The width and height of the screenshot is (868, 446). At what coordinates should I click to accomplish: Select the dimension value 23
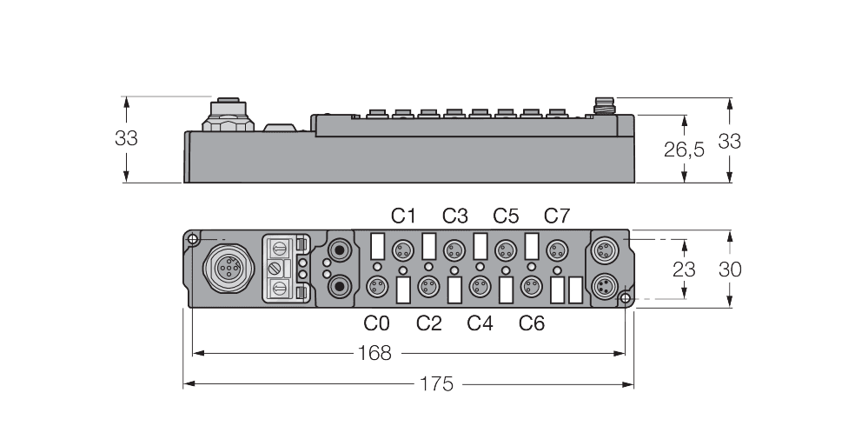[684, 270]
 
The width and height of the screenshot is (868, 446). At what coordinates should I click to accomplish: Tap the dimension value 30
[729, 270]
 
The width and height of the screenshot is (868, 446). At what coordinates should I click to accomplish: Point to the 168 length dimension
[374, 353]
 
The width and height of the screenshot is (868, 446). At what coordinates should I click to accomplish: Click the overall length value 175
[436, 383]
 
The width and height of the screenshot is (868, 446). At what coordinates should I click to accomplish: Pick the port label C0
[376, 323]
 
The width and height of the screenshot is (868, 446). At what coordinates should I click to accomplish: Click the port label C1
[403, 216]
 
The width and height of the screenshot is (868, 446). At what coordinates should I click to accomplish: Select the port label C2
[428, 323]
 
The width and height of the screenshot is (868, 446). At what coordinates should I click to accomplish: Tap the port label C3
[454, 216]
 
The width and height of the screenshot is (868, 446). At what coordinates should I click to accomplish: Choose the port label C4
[480, 323]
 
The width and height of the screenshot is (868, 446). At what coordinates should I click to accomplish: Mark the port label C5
[506, 216]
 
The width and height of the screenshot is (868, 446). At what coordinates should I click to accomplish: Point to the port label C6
[532, 323]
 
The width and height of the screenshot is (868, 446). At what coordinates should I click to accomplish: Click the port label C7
[557, 216]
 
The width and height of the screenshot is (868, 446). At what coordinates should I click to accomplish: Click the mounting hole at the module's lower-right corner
[625, 299]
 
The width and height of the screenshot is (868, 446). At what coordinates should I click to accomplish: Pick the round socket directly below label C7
[555, 251]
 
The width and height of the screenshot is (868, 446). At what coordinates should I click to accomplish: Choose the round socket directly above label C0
[376, 286]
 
